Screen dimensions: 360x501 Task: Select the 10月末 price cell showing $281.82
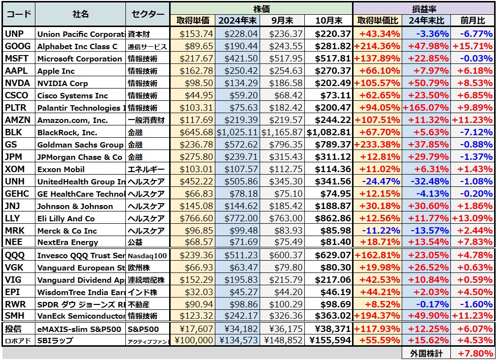(x=328, y=46)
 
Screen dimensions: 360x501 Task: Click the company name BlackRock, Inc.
(x=67, y=132)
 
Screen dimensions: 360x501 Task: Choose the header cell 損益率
(x=423, y=8)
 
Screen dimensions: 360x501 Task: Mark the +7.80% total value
(x=474, y=353)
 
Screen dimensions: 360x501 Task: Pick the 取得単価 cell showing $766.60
(x=196, y=218)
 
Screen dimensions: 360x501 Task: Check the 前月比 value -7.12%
(x=475, y=132)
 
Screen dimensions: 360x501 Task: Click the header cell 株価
(x=261, y=8)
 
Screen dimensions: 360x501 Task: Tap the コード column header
(x=19, y=14)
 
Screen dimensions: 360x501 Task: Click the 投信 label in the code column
(x=13, y=328)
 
